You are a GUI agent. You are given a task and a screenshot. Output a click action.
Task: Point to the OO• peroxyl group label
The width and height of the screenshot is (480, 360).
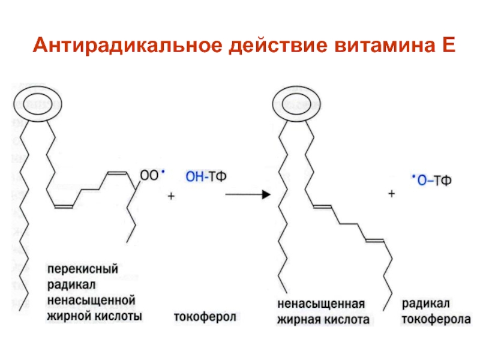pyautogui.click(x=152, y=175)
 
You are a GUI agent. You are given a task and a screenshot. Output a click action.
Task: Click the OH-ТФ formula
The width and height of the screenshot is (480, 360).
pyautogui.click(x=208, y=176)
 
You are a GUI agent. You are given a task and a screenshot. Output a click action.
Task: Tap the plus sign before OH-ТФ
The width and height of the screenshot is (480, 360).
pyautogui.click(x=170, y=196)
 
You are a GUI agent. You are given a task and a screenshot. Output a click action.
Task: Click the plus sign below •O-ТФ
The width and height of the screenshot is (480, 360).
pyautogui.click(x=392, y=194)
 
